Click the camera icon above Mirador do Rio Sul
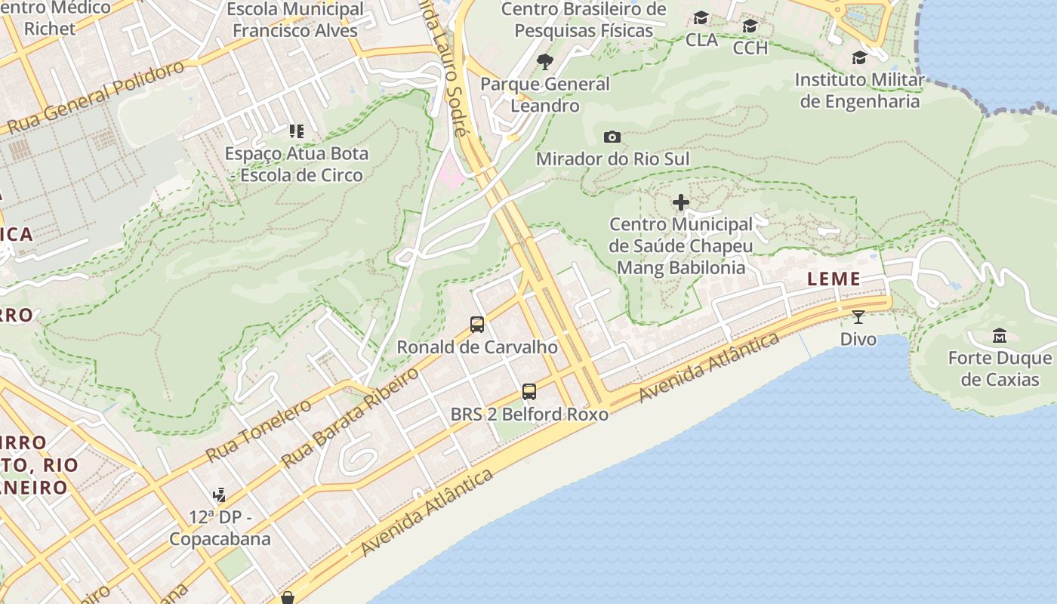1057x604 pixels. (612, 137)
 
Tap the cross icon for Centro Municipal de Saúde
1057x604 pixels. (681, 202)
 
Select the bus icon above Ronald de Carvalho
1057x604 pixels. (477, 325)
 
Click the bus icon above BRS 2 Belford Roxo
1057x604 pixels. (529, 392)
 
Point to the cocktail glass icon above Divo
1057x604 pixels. (858, 316)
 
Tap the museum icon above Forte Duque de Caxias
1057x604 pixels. (1000, 335)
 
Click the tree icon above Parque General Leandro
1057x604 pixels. (544, 62)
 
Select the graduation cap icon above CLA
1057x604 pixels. (701, 18)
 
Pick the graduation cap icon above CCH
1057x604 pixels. (750, 26)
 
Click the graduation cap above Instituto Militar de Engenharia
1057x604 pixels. (859, 58)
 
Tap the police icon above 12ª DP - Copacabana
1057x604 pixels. (219, 496)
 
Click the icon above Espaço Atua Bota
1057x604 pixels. (297, 131)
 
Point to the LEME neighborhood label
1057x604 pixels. (834, 279)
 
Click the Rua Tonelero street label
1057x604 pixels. (258, 430)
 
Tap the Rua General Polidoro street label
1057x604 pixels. (97, 97)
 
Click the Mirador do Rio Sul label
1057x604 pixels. (612, 159)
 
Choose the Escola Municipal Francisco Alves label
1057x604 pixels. (295, 20)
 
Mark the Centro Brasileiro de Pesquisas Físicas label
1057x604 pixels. (584, 20)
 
